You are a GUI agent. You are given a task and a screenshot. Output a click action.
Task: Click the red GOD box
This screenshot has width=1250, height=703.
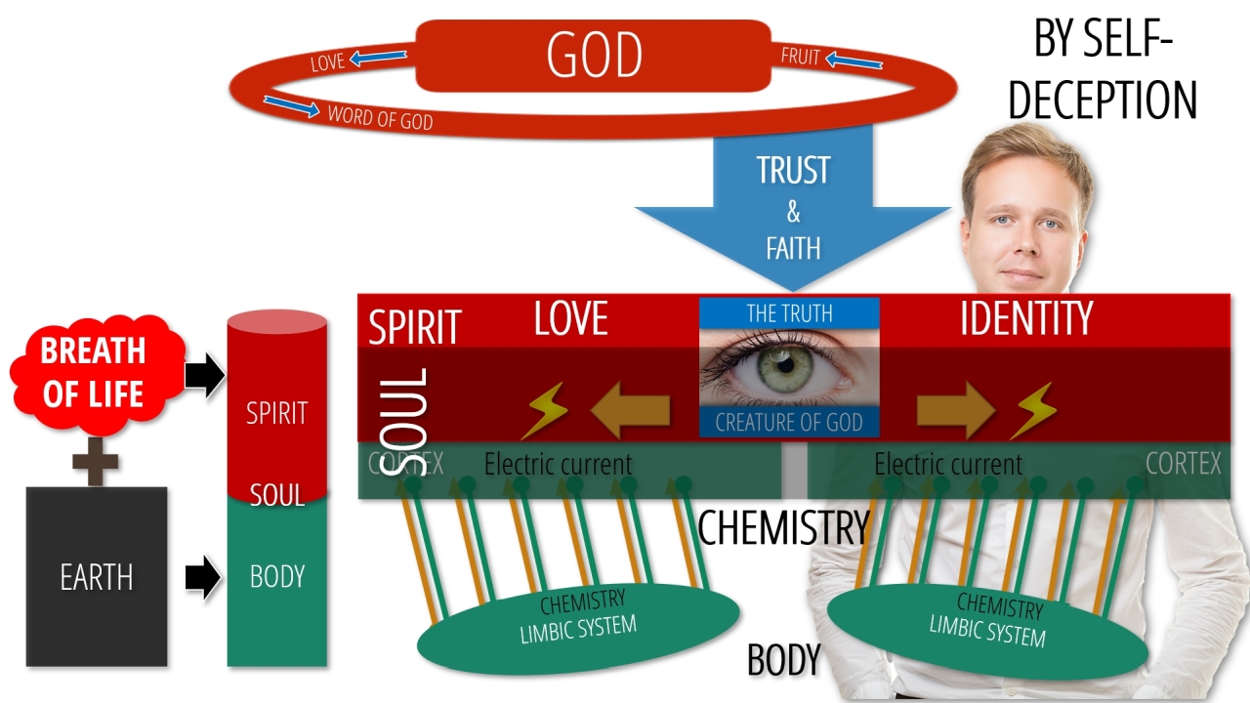point(594,56)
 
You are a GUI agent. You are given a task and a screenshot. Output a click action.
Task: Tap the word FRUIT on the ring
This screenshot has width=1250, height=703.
point(800,57)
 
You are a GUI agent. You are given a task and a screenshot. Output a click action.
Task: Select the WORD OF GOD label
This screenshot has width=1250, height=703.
point(380,117)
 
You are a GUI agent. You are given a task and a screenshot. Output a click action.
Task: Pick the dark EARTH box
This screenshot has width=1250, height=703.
point(97,576)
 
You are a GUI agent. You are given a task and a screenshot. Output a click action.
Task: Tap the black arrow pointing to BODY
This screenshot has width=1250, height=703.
point(203,577)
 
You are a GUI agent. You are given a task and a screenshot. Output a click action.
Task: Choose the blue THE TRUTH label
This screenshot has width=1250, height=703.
point(789,313)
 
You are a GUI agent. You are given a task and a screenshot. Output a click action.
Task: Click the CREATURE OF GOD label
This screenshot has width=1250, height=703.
point(789,423)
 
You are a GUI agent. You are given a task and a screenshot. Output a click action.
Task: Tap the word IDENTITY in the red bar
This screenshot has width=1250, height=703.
point(1025,319)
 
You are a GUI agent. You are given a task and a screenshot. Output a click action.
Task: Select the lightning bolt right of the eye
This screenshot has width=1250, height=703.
point(1032,410)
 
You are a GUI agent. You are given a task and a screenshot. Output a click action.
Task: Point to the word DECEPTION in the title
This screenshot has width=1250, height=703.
point(1103,101)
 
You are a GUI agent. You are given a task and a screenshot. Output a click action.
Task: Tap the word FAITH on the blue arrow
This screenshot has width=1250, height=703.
point(792,248)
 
